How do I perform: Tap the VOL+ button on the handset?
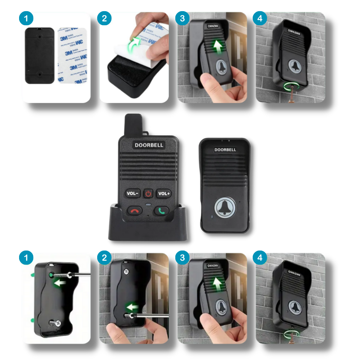click(164, 194)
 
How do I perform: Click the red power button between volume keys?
click(148, 194)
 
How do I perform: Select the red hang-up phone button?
click(135, 211)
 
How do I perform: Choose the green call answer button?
click(162, 211)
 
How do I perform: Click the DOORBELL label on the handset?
click(149, 145)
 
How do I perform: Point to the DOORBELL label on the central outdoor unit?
click(225, 150)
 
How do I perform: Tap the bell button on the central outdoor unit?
click(225, 208)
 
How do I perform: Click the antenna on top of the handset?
click(133, 125)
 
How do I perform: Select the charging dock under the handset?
click(148, 227)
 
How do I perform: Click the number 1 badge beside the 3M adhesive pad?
click(26, 18)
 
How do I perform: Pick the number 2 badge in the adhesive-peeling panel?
click(104, 18)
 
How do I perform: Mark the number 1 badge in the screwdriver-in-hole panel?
click(26, 258)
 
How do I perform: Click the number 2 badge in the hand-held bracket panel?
click(104, 258)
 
